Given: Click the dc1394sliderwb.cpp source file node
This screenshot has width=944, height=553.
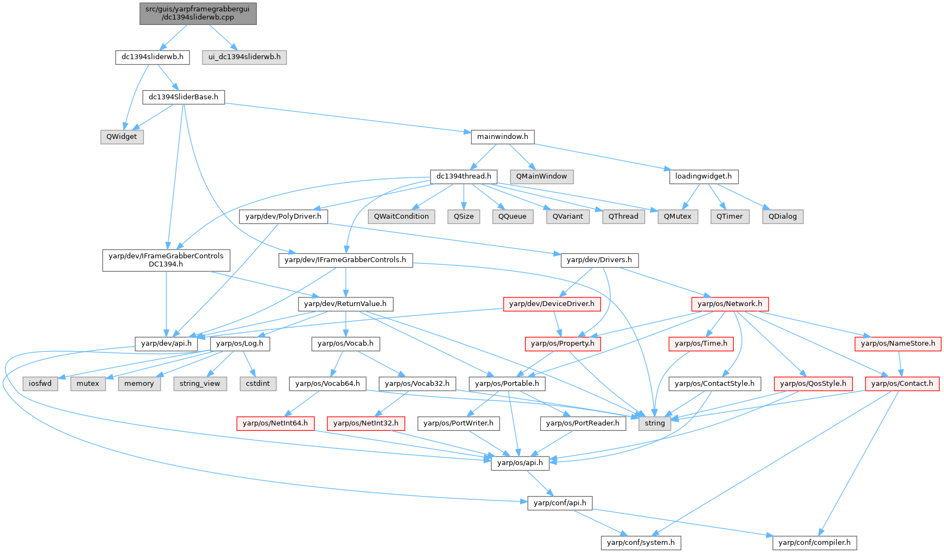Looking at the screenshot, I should (x=198, y=14).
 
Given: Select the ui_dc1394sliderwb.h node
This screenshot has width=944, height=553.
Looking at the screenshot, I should (x=244, y=57).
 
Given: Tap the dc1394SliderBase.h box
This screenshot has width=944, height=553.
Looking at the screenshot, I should (x=183, y=97).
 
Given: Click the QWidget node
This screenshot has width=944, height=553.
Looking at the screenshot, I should (x=122, y=137).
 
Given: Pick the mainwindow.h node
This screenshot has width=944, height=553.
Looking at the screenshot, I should (x=502, y=137).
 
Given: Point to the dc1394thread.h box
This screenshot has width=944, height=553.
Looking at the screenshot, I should (x=464, y=176).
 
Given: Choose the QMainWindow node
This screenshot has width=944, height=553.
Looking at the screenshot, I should (x=541, y=176).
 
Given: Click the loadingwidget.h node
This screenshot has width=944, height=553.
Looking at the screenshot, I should (x=703, y=176).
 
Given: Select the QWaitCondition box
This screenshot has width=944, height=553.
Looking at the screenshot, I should (x=401, y=217).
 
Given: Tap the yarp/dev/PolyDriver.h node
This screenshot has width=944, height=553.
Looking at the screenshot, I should (x=283, y=217).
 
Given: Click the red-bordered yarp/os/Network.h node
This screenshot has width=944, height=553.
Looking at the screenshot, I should (x=730, y=304).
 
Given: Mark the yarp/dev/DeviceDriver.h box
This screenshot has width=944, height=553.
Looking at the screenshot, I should (x=552, y=304).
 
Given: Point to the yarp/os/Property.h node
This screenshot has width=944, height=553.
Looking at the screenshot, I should (x=562, y=344).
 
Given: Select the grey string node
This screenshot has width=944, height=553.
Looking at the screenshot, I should (x=655, y=423).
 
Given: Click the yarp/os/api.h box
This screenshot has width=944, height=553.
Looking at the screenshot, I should (x=519, y=463).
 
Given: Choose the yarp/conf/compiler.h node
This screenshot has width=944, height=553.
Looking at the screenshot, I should (x=814, y=543).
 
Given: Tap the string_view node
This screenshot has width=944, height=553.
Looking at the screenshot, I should (x=200, y=384).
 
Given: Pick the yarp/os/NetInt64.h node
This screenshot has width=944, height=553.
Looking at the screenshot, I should (x=275, y=423).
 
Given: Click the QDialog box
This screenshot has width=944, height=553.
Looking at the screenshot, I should (x=782, y=217).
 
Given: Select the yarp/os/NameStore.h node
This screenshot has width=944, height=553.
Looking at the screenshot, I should (x=898, y=344).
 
